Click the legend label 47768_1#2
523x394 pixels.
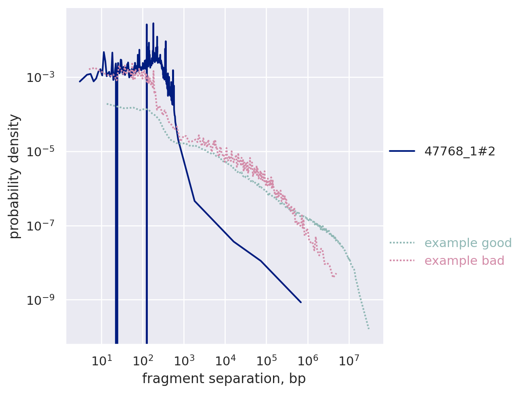460,151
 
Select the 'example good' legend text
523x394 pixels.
462,243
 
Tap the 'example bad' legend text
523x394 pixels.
464,261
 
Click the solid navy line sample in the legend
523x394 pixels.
402,151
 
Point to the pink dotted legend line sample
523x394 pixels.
402,261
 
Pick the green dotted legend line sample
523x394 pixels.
402,243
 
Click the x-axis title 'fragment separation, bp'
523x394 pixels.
224,379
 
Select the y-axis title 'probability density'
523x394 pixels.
15,176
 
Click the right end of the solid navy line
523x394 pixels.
300,302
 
